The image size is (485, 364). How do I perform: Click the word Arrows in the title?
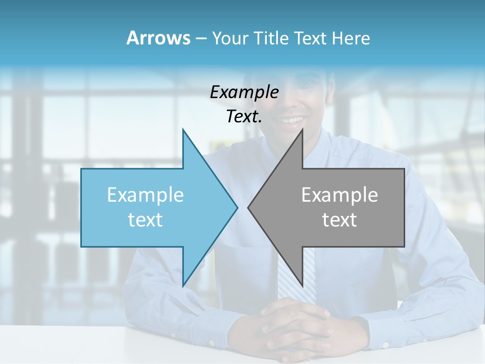point(158,38)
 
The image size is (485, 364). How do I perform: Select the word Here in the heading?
point(351,38)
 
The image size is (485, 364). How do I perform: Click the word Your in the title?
point(230,38)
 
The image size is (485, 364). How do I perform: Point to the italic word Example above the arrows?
point(244,92)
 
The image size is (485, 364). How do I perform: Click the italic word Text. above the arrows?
point(244,116)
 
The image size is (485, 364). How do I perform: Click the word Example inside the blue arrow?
point(145,195)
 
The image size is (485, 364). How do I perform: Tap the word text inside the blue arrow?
point(145,219)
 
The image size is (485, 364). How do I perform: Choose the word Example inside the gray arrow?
point(339,195)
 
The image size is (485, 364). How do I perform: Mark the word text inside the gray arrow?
point(339,219)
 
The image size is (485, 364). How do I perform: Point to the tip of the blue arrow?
point(236,207)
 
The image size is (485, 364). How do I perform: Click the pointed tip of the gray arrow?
point(249,207)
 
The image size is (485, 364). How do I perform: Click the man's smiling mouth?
point(292,120)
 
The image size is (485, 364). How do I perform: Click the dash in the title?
point(201,38)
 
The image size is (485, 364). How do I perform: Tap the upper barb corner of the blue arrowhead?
point(183,130)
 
